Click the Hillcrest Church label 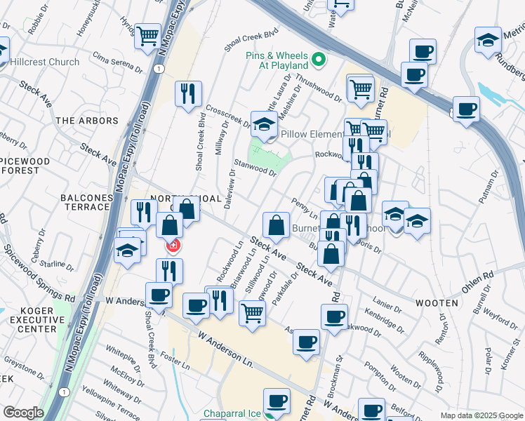pos(45,62)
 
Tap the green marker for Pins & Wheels pos(320,60)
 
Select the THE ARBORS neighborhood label pos(87,121)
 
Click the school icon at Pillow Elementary pos(264,124)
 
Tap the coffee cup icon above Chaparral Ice pos(278,401)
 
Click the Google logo pos(23,413)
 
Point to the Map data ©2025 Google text pos(481,415)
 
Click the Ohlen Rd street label pos(478,281)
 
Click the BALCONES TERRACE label pos(86,202)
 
